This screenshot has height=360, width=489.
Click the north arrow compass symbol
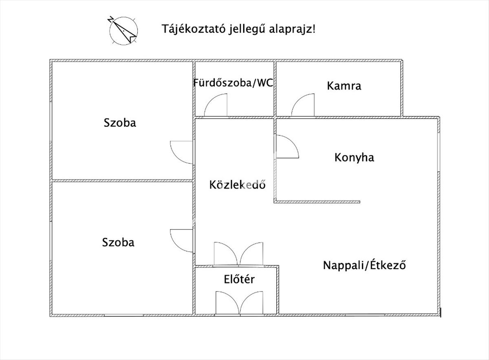click(x=123, y=30)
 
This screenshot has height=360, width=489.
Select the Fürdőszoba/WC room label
click(x=233, y=83)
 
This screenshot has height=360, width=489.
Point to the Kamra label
click(x=344, y=86)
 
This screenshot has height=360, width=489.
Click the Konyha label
click(x=354, y=157)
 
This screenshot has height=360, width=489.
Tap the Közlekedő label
click(x=238, y=185)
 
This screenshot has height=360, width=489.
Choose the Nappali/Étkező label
click(x=365, y=265)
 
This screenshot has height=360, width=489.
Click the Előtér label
click(x=239, y=279)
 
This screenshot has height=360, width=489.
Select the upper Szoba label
click(x=120, y=122)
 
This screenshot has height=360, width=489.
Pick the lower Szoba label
click(x=118, y=242)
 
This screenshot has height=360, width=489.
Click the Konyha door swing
click(x=286, y=147)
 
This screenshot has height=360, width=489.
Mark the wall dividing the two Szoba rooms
click(x=122, y=180)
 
